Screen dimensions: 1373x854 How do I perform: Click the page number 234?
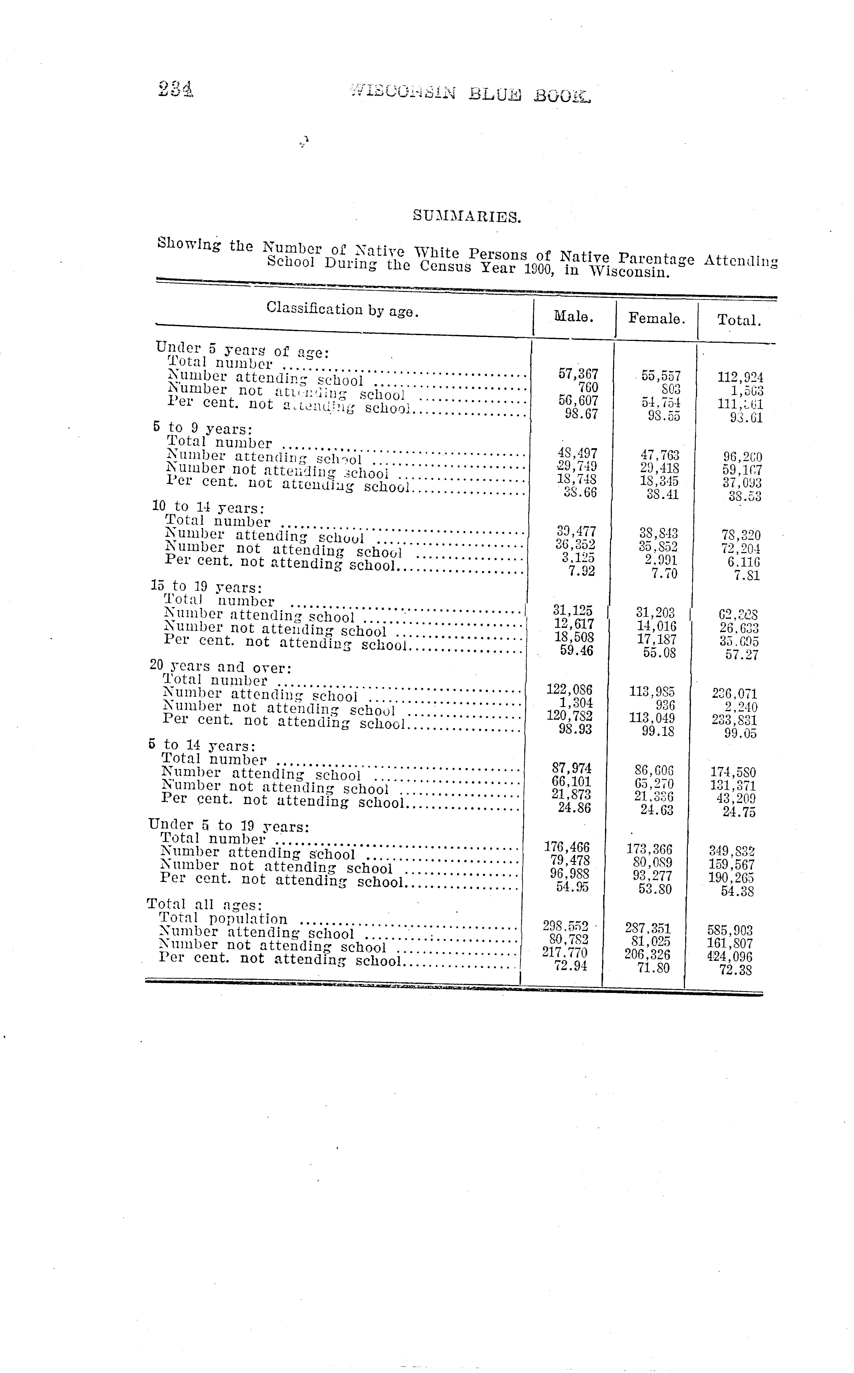[176, 89]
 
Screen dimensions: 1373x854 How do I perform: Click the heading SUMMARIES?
[466, 216]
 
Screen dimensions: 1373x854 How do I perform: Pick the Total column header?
[739, 320]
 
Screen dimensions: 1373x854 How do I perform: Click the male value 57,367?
[578, 374]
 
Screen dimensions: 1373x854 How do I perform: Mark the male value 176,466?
[567, 847]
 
